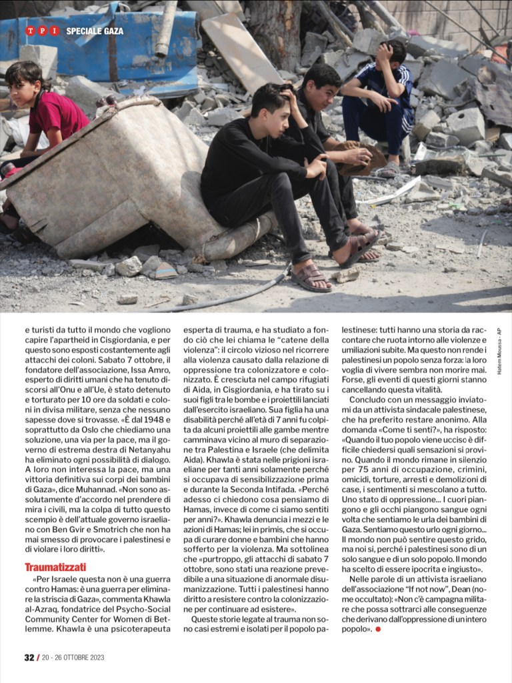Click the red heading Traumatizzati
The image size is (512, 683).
[x=55, y=568]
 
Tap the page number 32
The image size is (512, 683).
[x=29, y=657]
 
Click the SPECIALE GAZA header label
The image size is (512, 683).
[x=95, y=31]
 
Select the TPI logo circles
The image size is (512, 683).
[x=43, y=31]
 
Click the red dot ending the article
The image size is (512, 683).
[x=378, y=629]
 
